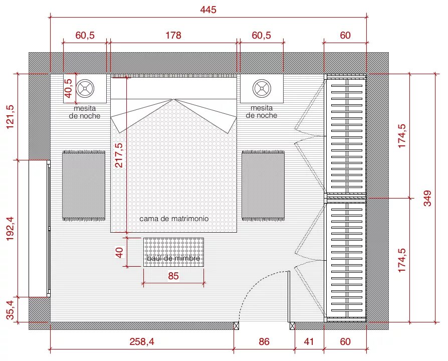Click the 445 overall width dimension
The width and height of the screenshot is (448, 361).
click(x=208, y=10)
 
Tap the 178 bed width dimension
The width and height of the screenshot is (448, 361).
click(x=173, y=35)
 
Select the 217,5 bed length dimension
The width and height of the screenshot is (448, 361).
click(x=119, y=155)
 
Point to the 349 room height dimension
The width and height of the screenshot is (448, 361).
click(x=427, y=198)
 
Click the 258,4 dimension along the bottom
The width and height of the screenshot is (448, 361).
click(x=142, y=341)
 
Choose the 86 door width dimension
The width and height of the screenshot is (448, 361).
click(x=264, y=341)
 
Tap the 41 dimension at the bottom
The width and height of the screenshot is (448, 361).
click(x=309, y=341)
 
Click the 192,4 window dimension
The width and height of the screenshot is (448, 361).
click(x=10, y=228)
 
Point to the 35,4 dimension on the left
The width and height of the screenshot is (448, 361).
click(x=10, y=310)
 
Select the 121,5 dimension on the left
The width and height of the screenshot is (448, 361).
click(x=10, y=117)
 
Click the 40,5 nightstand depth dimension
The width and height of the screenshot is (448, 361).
click(x=69, y=88)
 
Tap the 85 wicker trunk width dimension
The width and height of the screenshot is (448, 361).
click(x=173, y=276)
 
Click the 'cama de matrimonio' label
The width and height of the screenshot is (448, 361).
click(x=174, y=219)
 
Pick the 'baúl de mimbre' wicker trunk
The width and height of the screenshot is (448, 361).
click(x=173, y=252)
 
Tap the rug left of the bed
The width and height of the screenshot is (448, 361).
click(x=84, y=186)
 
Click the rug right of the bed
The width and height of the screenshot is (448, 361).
click(x=263, y=186)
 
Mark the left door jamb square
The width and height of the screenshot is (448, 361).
click(x=237, y=325)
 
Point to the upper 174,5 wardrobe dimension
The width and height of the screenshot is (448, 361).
click(x=402, y=136)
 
